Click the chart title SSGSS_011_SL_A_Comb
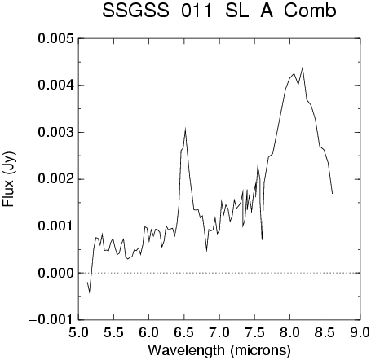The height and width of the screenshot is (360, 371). pyautogui.click(x=219, y=11)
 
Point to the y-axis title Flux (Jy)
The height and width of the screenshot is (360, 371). pyautogui.click(x=9, y=179)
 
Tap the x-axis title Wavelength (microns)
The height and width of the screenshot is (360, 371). pyautogui.click(x=219, y=350)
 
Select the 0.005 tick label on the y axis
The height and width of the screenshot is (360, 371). pyautogui.click(x=55, y=38)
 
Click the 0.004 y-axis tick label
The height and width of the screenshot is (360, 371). pyautogui.click(x=55, y=86)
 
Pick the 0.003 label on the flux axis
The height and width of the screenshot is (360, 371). pyautogui.click(x=55, y=133)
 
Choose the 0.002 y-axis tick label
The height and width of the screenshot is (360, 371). pyautogui.click(x=55, y=179)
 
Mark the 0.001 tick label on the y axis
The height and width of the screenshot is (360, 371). pyautogui.click(x=55, y=226)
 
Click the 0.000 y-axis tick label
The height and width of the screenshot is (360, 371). pyautogui.click(x=55, y=273)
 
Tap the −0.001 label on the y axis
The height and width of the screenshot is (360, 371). pyautogui.click(x=51, y=320)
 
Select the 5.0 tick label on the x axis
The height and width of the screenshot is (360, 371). pyautogui.click(x=78, y=332)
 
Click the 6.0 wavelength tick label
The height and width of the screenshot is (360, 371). pyautogui.click(x=149, y=332)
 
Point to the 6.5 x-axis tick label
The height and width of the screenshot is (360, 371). pyautogui.click(x=184, y=332)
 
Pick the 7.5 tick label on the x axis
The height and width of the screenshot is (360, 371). pyautogui.click(x=254, y=332)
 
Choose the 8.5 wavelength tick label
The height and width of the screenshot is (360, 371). pyautogui.click(x=325, y=332)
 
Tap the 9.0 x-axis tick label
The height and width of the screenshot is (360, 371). pyautogui.click(x=360, y=332)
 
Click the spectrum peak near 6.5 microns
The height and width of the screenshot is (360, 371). pyautogui.click(x=185, y=129)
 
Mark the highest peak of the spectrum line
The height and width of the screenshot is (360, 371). pyautogui.click(x=303, y=68)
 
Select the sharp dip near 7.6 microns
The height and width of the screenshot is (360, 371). pyautogui.click(x=262, y=239)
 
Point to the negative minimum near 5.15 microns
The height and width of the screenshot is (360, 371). pyautogui.click(x=89, y=292)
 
